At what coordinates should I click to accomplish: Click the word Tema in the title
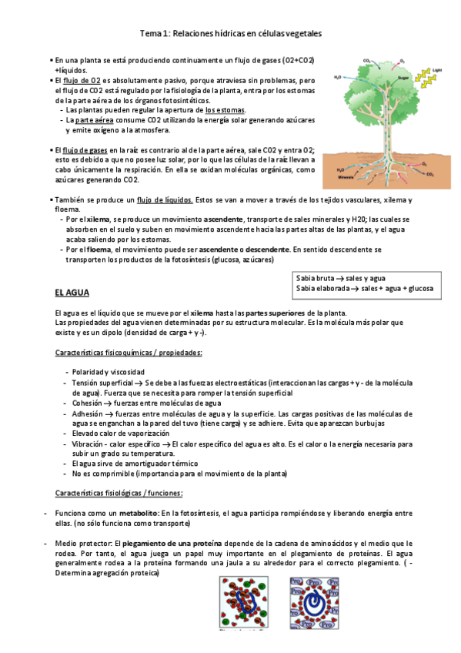coord(151,34)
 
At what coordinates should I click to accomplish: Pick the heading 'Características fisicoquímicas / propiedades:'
coord(129,353)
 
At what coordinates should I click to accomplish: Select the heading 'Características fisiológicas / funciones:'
coord(119,493)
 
